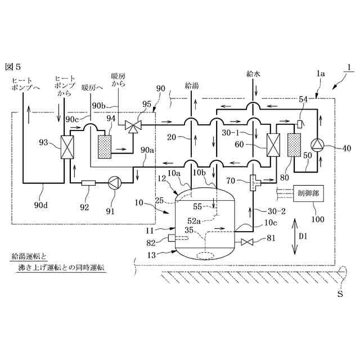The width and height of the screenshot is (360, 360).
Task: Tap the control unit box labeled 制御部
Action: pyautogui.click(x=309, y=193)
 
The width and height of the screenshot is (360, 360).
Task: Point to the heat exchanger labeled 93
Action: pyautogui.click(x=67, y=147)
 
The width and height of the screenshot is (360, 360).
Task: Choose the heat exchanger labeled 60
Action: pyautogui.click(x=273, y=145)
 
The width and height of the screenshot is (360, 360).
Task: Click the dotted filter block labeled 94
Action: pyautogui.click(x=105, y=147)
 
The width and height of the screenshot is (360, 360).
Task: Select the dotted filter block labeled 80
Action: pyautogui.click(x=294, y=145)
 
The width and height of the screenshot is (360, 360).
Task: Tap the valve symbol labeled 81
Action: pyautogui.click(x=247, y=242)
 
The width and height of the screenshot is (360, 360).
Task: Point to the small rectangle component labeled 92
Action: pyautogui.click(x=89, y=183)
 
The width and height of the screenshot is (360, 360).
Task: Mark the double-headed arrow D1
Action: pyautogui.click(x=295, y=237)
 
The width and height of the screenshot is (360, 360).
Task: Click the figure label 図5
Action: pyautogui.click(x=13, y=67)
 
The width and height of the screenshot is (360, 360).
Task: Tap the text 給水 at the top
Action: pyautogui.click(x=253, y=74)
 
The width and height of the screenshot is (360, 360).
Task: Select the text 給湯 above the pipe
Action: pyautogui.click(x=192, y=86)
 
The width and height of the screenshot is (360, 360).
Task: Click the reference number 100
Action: pyautogui.click(x=318, y=219)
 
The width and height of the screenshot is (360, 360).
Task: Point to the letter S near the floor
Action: pyautogui.click(x=340, y=294)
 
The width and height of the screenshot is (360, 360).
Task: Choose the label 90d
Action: pyautogui.click(x=41, y=205)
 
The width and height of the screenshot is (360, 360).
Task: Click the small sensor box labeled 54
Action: pyautogui.click(x=299, y=124)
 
